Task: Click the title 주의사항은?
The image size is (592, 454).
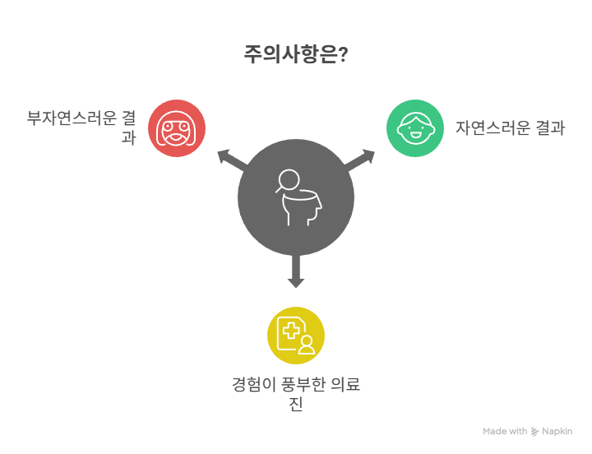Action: pos(296,54)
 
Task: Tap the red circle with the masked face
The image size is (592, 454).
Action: pos(177,128)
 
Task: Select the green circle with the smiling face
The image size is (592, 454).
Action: pos(415,128)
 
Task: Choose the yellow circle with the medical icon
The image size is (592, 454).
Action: pos(296,336)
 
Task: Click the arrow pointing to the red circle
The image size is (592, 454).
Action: pos(233,159)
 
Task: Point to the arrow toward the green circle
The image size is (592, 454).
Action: pos(359,160)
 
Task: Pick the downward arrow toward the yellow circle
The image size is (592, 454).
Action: pos(296,271)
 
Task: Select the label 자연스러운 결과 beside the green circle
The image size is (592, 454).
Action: pos(510,128)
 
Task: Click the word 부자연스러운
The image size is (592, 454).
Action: pos(72,118)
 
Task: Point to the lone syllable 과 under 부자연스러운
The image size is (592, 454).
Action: pos(129,137)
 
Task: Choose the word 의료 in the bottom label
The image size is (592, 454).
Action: pos(345,385)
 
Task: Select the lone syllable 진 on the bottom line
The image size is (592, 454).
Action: pos(296,404)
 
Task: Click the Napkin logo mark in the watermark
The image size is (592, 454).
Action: pos(534,431)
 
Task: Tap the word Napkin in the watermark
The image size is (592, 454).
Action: pos(557,431)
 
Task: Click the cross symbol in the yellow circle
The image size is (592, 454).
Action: pos(291,331)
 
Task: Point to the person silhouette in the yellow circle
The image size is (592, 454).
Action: pos(307,345)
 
